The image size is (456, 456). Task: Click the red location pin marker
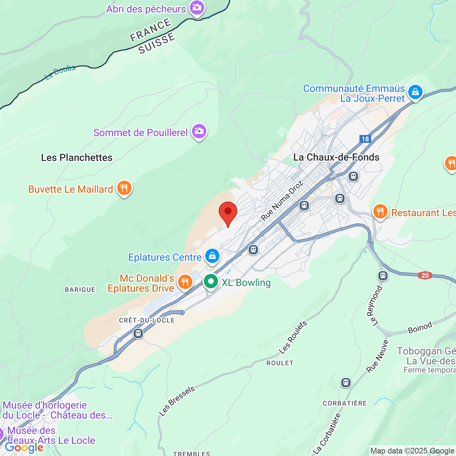pos(228,212)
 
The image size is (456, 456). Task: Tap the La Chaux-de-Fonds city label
pos(336,157)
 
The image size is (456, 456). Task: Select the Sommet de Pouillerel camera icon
pos(199,131)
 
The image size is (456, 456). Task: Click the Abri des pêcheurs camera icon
pos(197,7)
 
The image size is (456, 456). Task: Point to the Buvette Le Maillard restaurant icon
pos(124,187)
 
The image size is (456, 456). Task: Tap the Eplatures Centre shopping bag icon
pos(212,256)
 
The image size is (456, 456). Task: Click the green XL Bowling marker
pos(211,281)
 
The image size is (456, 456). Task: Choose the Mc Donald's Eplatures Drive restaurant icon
pos(185,282)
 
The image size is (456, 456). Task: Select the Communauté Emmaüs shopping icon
pos(415,92)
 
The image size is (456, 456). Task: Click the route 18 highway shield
pos(365,139)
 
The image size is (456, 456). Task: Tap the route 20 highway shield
pos(425,275)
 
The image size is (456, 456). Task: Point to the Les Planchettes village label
pos(77,157)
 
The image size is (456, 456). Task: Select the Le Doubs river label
pos(60,72)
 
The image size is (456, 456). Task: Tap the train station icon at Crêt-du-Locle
pos(138,334)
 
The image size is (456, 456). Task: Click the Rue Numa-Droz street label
pos(282,200)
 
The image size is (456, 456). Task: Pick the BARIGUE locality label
pos(80,290)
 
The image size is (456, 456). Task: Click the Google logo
pos(24,447)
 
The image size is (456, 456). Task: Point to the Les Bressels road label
pos(177,401)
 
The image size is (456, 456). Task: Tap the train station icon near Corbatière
pos(346,383)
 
